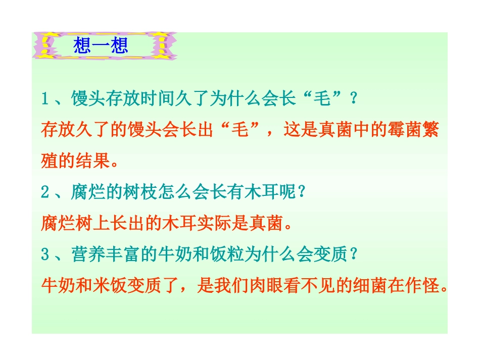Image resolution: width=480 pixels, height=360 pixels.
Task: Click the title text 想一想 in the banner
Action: pos(101,46)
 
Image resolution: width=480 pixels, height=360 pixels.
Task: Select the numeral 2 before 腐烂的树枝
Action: pos(44,192)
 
